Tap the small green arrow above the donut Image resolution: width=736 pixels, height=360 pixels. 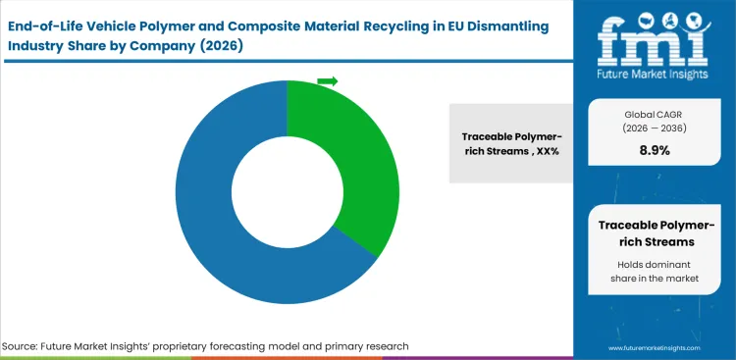click(328, 81)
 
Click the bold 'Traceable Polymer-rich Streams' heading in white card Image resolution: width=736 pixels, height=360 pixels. click(655, 232)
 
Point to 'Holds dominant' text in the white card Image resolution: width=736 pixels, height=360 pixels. click(655, 263)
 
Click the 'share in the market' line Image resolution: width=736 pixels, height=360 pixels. click(655, 279)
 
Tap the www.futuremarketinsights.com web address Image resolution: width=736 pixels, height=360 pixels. click(661, 348)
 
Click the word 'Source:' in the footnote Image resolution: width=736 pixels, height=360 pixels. click(23, 346)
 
